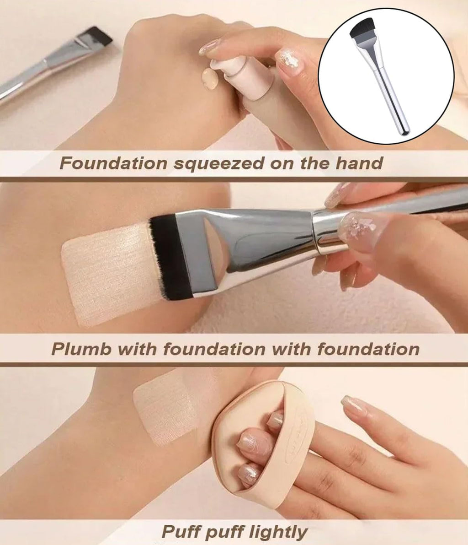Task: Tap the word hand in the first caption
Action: click(359, 162)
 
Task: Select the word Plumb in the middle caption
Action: click(82, 349)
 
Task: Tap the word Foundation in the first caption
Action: click(113, 163)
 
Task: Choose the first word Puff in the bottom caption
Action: click(182, 532)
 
